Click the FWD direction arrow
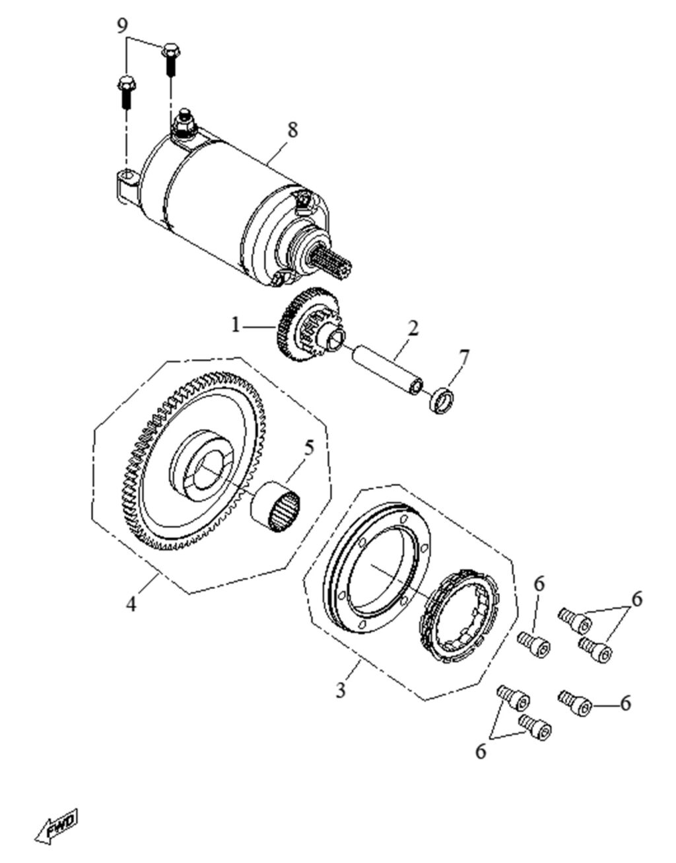(x=56, y=825)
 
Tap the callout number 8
(x=292, y=129)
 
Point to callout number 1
(x=235, y=325)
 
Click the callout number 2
(x=413, y=328)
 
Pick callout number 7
(x=464, y=358)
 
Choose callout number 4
(x=131, y=603)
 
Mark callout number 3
(x=341, y=691)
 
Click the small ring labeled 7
(x=442, y=401)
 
